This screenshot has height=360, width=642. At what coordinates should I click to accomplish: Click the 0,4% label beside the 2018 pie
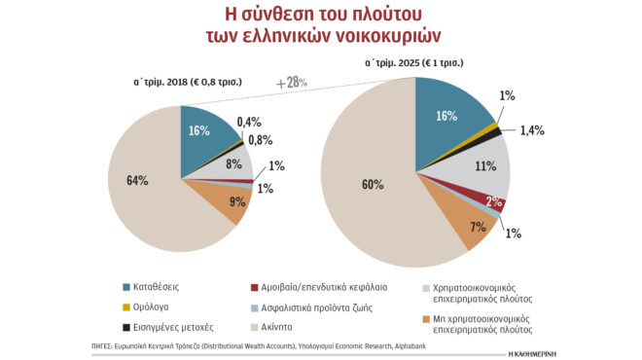(249, 122)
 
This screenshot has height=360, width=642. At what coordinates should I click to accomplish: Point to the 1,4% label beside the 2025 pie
(533, 128)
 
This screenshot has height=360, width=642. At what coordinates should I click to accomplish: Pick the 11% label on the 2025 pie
(484, 166)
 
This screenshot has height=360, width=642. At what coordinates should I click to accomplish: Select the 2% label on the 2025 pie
(494, 201)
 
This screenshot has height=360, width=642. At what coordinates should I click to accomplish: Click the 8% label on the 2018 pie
(234, 164)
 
